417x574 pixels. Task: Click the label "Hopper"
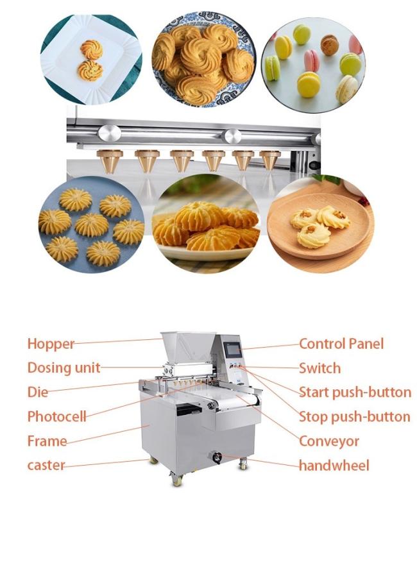coord(51,344)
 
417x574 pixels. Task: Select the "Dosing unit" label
coord(64,368)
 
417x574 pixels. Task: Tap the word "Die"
coord(38,392)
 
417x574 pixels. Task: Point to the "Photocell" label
coord(56,417)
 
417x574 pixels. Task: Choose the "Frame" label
coord(47,441)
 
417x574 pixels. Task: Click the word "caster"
coord(46,465)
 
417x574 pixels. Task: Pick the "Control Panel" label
coord(341,344)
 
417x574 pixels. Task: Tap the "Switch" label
coord(319,368)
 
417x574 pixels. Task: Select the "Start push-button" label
coord(355,392)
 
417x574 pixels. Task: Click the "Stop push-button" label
coord(354,417)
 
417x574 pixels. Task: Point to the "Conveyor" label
coord(328,441)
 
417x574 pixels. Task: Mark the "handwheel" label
coord(334,465)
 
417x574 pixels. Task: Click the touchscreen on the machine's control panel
coord(234,350)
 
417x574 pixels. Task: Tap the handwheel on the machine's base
coord(217,457)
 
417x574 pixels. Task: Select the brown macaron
coord(329,45)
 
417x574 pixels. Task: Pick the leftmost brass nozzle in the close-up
coord(110,161)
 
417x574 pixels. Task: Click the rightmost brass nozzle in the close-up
coord(270,160)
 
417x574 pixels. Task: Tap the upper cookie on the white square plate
coord(90,49)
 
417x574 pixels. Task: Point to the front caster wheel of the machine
coord(177,480)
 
